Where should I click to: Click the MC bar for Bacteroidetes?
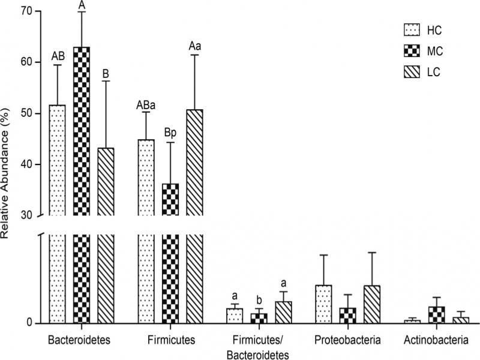[x=81, y=180]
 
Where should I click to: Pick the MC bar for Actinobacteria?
[x=437, y=314]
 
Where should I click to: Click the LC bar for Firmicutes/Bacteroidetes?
[x=283, y=312]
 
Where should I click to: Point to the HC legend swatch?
[x=412, y=29]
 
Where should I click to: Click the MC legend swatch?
[x=412, y=52]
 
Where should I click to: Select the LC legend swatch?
[x=412, y=73]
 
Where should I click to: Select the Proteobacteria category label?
[x=347, y=341]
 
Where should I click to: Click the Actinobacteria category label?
[x=437, y=341]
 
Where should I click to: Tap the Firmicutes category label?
[x=171, y=341]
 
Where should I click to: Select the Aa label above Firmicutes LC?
[x=195, y=46]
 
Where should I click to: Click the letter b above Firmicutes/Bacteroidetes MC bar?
[x=259, y=300]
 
